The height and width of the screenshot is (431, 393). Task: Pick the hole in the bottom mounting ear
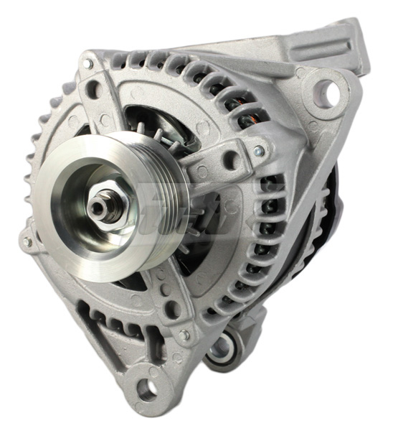(x=148, y=390)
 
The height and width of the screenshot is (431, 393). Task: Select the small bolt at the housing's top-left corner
(x=87, y=64)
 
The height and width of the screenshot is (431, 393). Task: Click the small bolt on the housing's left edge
(x=28, y=242)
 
